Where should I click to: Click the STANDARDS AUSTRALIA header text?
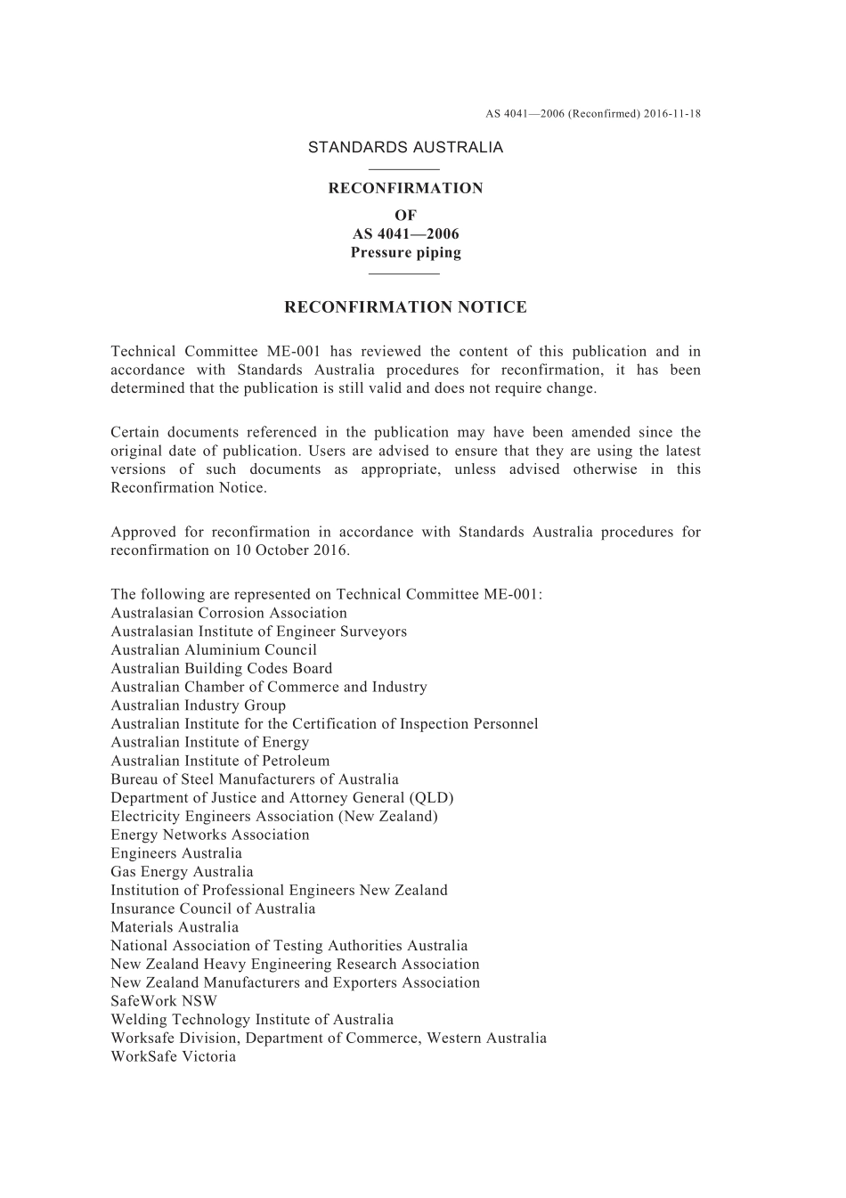405,148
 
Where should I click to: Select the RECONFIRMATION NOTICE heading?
405,308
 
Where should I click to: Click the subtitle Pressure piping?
405,253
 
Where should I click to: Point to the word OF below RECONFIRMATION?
405,216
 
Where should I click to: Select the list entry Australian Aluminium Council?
214,650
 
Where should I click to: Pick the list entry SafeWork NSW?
164,1001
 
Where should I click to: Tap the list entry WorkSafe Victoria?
174,1057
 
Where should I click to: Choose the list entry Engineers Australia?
176,853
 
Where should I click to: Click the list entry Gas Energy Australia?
182,872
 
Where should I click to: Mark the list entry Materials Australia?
175,927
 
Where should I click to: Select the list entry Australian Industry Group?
199,705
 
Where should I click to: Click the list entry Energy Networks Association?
210,835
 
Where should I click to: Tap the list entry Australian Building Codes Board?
222,669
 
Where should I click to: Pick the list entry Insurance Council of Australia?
213,909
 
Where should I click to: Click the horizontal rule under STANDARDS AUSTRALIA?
404,169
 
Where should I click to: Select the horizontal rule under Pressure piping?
404,273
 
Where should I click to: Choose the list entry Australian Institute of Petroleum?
220,762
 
